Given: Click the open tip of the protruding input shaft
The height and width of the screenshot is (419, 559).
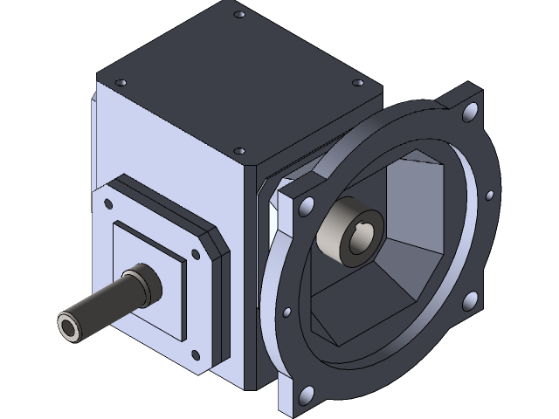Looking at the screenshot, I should pos(69,327).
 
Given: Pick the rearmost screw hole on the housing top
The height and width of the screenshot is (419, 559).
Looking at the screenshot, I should pos(239,15).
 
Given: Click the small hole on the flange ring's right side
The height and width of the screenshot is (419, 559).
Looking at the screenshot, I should pos(491,195).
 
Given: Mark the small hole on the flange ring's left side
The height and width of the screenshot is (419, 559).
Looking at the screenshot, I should pos(286,310).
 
